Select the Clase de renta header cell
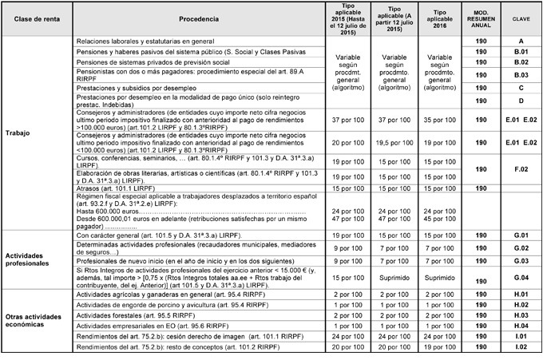(37, 18)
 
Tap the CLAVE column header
(520, 18)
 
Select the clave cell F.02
(521, 169)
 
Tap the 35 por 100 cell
(438, 119)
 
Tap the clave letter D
(521, 101)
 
